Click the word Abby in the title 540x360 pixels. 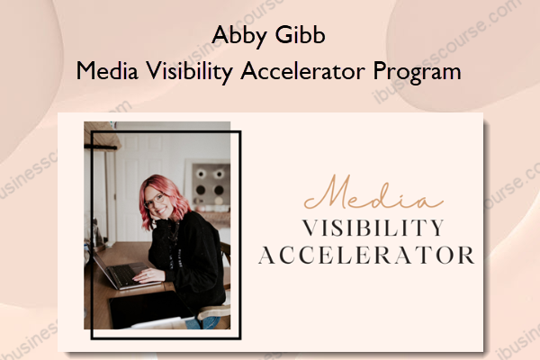tap(239, 36)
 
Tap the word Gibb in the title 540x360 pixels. tap(300, 35)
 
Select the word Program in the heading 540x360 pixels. tap(417, 72)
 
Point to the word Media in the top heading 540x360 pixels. tap(107, 70)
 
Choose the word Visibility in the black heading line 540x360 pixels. tap(189, 72)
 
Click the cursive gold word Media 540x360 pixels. tap(373, 193)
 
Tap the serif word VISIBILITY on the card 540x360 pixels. tap(373, 228)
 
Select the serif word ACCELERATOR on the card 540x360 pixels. tap(366, 256)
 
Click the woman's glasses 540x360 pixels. tap(154, 200)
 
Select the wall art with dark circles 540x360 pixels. tap(209, 183)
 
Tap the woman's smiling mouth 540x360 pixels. tap(160, 210)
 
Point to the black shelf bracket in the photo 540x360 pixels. tap(100, 147)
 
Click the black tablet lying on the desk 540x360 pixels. tap(149, 309)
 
